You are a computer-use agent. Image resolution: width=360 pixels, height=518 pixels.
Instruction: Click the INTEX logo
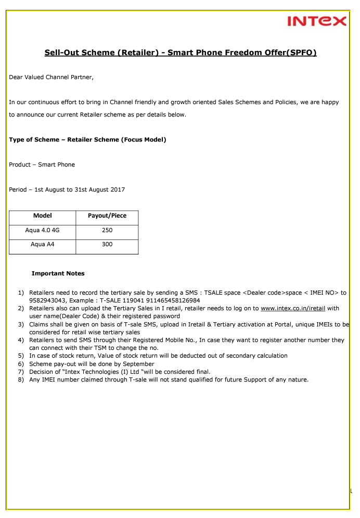coord(316,21)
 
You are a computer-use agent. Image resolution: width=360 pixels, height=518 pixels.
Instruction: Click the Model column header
coord(42,216)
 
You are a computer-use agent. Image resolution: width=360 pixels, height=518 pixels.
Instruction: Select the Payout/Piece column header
coord(107,216)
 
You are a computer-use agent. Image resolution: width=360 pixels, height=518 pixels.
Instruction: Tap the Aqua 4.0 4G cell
coord(42,230)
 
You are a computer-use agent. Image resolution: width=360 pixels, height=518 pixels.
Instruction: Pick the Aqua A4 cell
coord(42,244)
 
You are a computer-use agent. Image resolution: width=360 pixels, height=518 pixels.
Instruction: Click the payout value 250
coord(107,230)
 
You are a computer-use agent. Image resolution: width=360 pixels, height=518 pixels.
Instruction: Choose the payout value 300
coord(107,244)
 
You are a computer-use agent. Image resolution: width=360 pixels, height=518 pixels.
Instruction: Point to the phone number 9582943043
coord(47,300)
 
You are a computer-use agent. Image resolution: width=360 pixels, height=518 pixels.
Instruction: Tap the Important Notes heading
coord(58,273)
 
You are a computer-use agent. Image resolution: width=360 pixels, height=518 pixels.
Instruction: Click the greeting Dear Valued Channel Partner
coord(52,78)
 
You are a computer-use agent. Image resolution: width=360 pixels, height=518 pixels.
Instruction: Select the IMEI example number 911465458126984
coord(175,300)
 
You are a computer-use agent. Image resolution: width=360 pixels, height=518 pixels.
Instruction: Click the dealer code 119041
coord(136,300)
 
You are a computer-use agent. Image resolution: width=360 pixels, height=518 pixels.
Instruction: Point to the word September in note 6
coord(140,364)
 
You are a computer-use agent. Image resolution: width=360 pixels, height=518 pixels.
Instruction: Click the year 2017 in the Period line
coord(116,189)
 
